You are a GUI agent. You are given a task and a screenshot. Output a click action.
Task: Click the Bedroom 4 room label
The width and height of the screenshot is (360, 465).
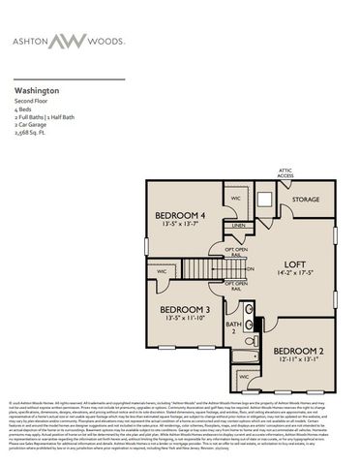click(182, 215)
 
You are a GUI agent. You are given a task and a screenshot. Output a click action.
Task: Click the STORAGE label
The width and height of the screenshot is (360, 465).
click(307, 200)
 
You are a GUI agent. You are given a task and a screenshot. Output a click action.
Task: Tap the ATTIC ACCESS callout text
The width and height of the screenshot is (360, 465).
click(285, 173)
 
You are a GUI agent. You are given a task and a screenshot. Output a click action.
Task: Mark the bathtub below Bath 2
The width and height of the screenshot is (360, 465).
click(244, 357)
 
